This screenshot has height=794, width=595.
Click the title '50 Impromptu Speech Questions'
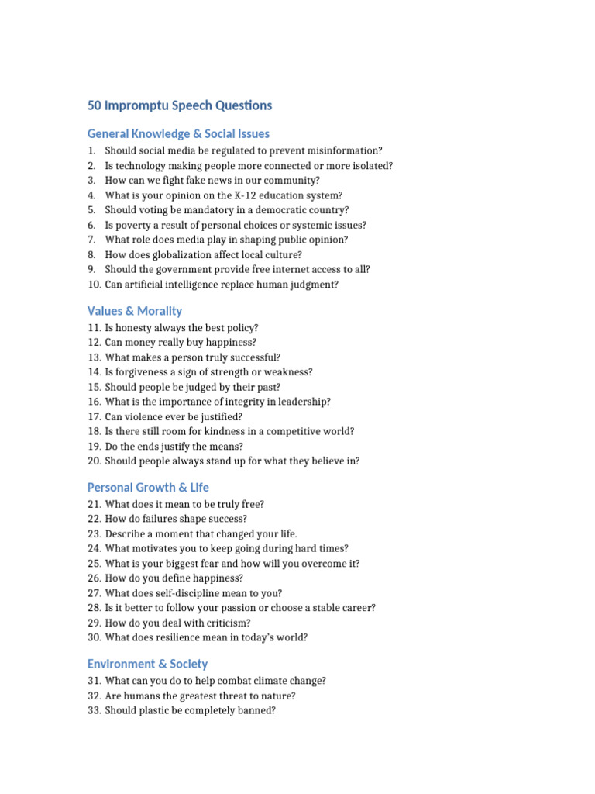180,105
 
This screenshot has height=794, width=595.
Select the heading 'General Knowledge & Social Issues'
178,134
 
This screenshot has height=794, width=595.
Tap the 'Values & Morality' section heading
135,311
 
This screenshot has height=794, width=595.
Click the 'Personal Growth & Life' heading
148,488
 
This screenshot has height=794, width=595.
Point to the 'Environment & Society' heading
147,665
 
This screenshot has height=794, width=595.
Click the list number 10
93,285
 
